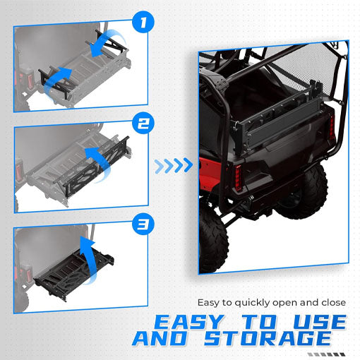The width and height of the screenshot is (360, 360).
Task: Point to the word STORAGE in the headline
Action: (281, 340)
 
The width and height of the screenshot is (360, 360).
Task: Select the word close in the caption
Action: (331, 302)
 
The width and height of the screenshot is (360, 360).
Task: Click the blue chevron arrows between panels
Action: (173, 166)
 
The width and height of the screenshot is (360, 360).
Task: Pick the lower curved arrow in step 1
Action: (58, 76)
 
